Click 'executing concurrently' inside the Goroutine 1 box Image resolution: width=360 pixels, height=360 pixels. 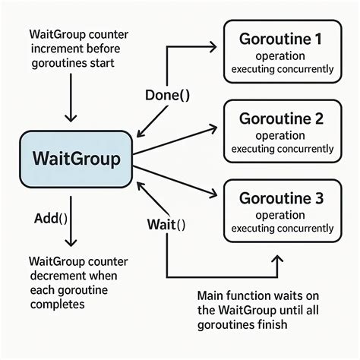click(x=282, y=69)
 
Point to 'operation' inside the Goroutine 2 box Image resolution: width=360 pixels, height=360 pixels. click(x=282, y=136)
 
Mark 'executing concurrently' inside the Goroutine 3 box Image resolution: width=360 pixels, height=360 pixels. click(x=282, y=228)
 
